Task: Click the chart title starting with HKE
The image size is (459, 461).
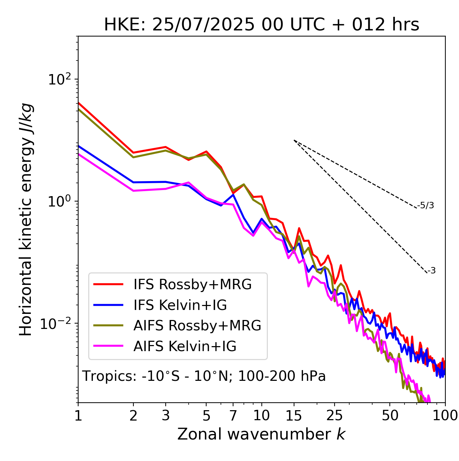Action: coord(261,25)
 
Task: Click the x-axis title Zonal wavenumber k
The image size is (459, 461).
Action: coord(261,434)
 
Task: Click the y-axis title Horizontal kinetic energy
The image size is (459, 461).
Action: coord(26,219)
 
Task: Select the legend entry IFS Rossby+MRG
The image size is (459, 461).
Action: coord(192,284)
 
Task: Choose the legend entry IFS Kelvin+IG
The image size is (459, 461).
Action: coord(180,305)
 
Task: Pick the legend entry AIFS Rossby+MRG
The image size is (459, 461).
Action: coord(197,325)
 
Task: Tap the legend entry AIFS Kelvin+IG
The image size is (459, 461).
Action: coord(185,346)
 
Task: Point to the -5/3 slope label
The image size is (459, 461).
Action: coord(426,205)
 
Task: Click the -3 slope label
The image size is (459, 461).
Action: coord(431,271)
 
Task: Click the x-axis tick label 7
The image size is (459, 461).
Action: coord(233,415)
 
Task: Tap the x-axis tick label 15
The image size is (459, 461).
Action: coord(294,415)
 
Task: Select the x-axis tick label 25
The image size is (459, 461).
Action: coord(335,415)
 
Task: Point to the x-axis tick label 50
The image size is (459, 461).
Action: coord(390,415)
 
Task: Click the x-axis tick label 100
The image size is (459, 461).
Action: coord(445,415)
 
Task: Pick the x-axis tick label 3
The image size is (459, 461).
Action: coord(166,415)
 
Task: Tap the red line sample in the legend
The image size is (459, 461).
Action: coord(108,284)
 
